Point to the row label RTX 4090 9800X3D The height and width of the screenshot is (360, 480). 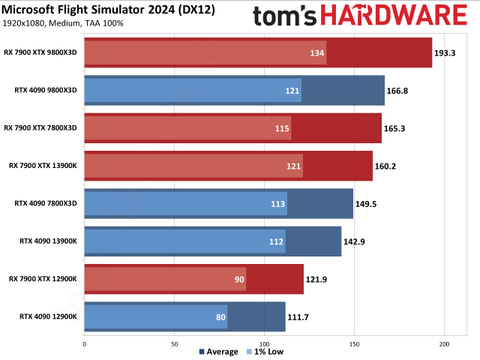[x=44, y=90]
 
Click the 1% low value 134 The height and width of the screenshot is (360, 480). [x=318, y=53]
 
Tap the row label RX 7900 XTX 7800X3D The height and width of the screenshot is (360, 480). [x=40, y=127]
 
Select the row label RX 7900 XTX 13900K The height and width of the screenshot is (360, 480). [x=42, y=165]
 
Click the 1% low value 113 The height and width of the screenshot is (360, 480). [x=279, y=203]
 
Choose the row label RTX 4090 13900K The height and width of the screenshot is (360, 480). [x=46, y=241]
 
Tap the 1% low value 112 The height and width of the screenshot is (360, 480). [x=277, y=241]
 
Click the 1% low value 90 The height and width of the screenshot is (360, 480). [x=239, y=279]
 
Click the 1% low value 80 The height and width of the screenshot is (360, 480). [x=220, y=316]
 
